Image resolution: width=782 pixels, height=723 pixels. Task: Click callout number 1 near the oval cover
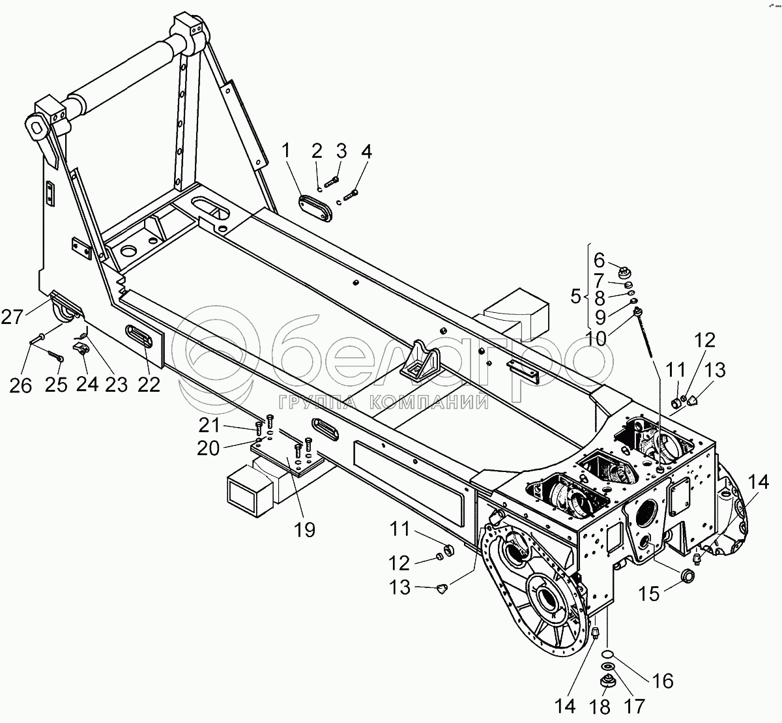pyautogui.click(x=285, y=151)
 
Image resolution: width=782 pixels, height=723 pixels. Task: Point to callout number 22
pyautogui.click(x=149, y=385)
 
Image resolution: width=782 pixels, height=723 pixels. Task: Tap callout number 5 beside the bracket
pyautogui.click(x=575, y=297)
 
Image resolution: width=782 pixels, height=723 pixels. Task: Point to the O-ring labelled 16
pyautogui.click(x=607, y=655)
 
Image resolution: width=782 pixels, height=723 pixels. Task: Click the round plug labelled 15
pyautogui.click(x=686, y=576)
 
